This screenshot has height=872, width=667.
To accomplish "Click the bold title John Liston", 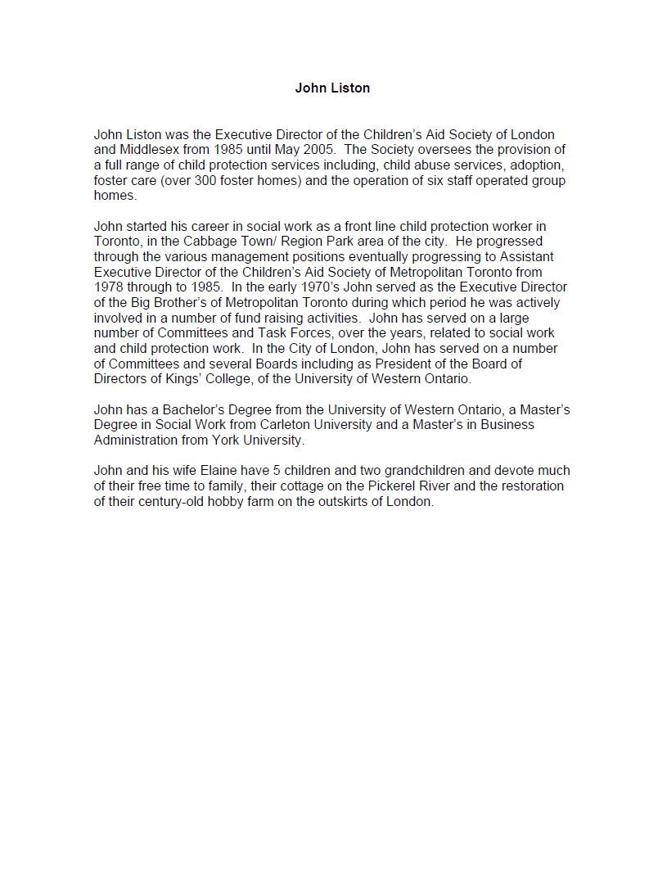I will click(332, 88).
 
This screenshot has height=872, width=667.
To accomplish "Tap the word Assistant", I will click(525, 257).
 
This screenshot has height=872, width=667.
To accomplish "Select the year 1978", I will click(108, 287).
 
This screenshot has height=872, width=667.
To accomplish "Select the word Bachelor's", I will click(184, 409).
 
